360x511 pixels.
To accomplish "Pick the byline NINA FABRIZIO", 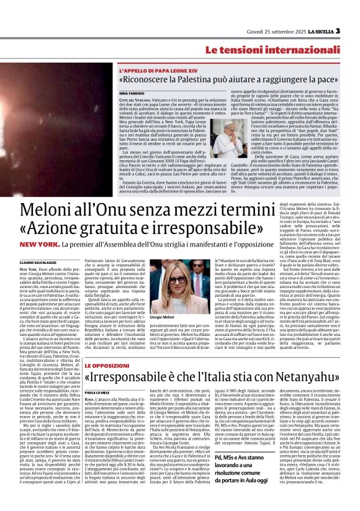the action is click(131, 93).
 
